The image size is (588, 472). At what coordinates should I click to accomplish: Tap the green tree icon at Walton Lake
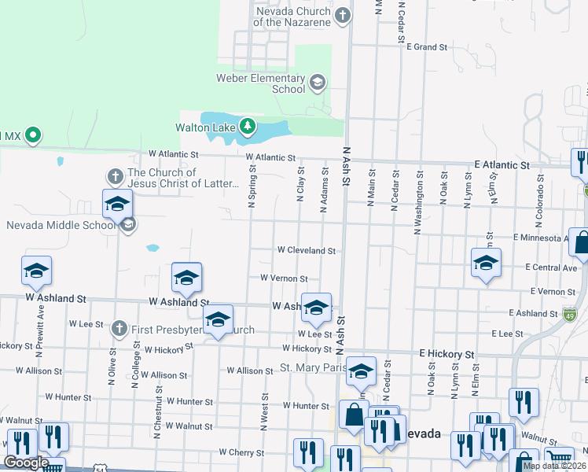(248, 126)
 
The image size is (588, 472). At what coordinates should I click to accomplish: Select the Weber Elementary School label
(260, 83)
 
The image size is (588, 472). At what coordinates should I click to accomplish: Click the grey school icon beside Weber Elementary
(317, 82)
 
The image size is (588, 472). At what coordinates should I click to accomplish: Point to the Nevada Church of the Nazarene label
(292, 17)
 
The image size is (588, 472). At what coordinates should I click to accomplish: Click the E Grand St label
(427, 47)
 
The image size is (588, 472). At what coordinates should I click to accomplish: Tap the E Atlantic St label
(502, 165)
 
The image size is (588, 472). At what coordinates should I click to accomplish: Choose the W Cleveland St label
(306, 251)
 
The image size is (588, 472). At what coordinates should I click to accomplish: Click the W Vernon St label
(283, 278)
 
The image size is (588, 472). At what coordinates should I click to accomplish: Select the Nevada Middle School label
(61, 226)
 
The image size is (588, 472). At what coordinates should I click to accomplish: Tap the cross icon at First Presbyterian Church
(119, 326)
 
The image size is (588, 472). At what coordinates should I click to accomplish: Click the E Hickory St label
(447, 355)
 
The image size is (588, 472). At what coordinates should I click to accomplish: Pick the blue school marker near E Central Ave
(486, 264)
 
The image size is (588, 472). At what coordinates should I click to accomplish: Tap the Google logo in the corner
(26, 463)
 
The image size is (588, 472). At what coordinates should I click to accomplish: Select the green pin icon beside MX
(32, 135)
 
